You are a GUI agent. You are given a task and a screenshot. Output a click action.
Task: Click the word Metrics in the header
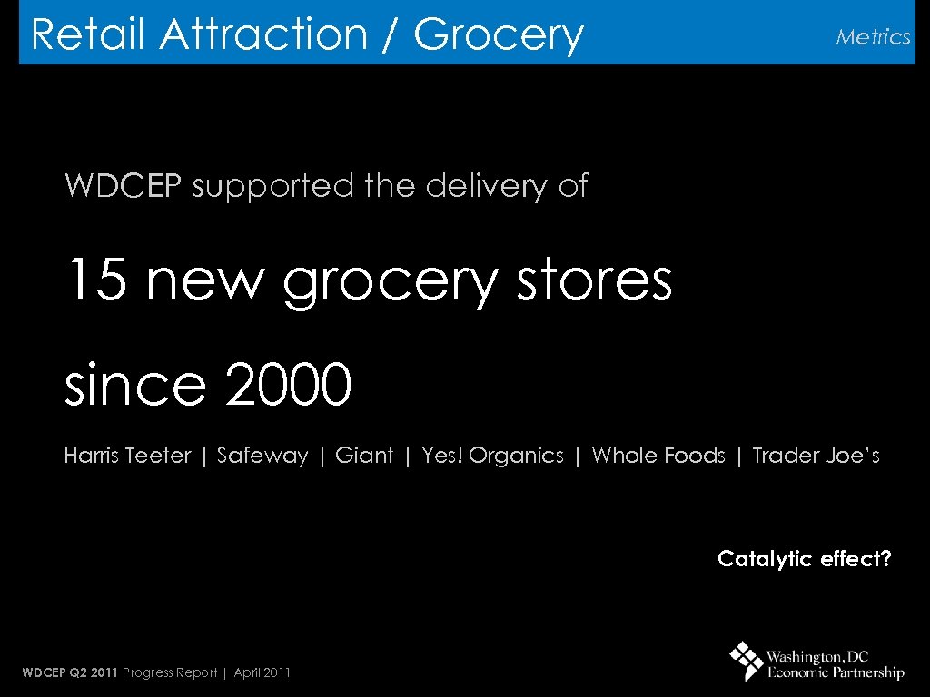click(x=873, y=37)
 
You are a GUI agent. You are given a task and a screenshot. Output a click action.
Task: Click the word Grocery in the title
click(x=498, y=35)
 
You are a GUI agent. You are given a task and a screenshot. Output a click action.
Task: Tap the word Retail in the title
click(x=87, y=35)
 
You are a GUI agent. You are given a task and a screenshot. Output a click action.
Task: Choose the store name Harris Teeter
click(x=127, y=456)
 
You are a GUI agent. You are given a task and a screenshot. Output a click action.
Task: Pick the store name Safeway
click(x=262, y=456)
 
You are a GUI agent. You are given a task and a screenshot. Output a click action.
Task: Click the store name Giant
click(x=364, y=456)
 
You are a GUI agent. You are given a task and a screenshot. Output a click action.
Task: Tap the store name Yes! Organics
click(x=492, y=456)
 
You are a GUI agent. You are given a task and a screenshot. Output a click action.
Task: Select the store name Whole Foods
click(x=658, y=456)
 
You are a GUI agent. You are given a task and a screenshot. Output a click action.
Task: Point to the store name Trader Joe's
click(x=816, y=456)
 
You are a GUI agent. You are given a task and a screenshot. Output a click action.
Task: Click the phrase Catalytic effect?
click(x=805, y=559)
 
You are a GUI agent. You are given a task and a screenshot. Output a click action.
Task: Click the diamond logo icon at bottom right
click(x=747, y=662)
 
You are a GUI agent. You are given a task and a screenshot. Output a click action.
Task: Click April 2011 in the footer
click(x=262, y=672)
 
